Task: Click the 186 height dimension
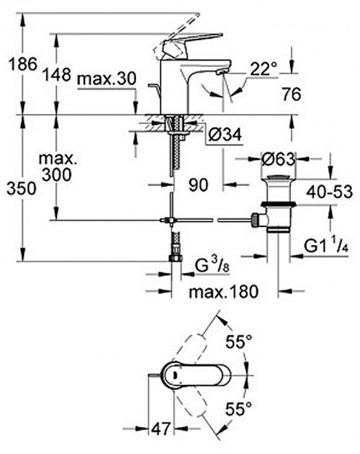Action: tap(23, 63)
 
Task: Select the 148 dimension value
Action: tap(57, 74)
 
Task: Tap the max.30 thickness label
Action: tap(107, 79)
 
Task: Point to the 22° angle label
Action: tap(263, 69)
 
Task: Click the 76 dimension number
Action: tap(292, 94)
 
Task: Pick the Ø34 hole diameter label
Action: tap(225, 135)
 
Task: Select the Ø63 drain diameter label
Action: tap(279, 159)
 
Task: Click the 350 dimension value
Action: tap(22, 189)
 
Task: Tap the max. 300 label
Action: tap(58, 166)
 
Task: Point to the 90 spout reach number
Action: tap(199, 184)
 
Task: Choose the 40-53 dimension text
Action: tap(330, 192)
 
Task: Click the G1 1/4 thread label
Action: tap(326, 246)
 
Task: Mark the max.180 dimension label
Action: tap(224, 292)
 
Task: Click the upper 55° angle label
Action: tap(239, 342)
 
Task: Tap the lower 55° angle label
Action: tap(239, 409)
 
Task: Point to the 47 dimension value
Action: tap(161, 429)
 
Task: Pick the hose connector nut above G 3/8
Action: tap(176, 258)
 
